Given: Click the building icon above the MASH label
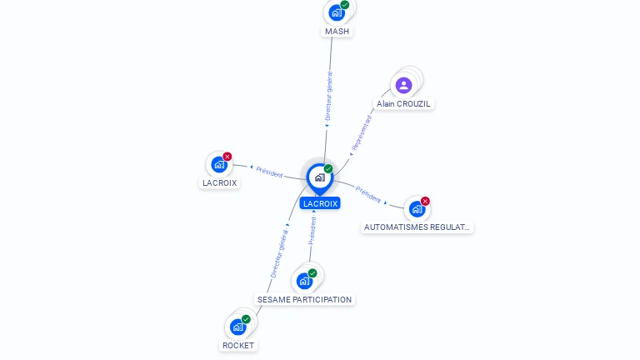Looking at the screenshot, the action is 337,12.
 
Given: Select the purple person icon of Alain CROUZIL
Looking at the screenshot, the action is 403,85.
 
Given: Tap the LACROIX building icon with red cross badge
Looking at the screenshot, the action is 219,164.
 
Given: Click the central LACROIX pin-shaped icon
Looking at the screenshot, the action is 319,177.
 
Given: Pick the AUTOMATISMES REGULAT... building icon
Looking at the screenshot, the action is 417,208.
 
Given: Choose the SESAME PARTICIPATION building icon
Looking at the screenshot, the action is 304,281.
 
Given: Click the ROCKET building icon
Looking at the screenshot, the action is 238,327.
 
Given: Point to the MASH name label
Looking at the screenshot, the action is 337,32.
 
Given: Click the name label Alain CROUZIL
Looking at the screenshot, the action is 404,104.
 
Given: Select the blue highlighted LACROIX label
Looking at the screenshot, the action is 320,203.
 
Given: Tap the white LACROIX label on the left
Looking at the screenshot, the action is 219,182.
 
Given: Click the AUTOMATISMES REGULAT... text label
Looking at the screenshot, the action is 417,227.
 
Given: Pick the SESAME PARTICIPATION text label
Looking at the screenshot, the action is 304,299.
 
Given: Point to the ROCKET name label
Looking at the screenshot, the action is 238,345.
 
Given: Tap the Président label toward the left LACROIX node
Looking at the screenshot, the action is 269,171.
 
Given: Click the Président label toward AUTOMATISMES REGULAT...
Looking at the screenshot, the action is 368,193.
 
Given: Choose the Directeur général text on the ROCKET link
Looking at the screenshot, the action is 279,254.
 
